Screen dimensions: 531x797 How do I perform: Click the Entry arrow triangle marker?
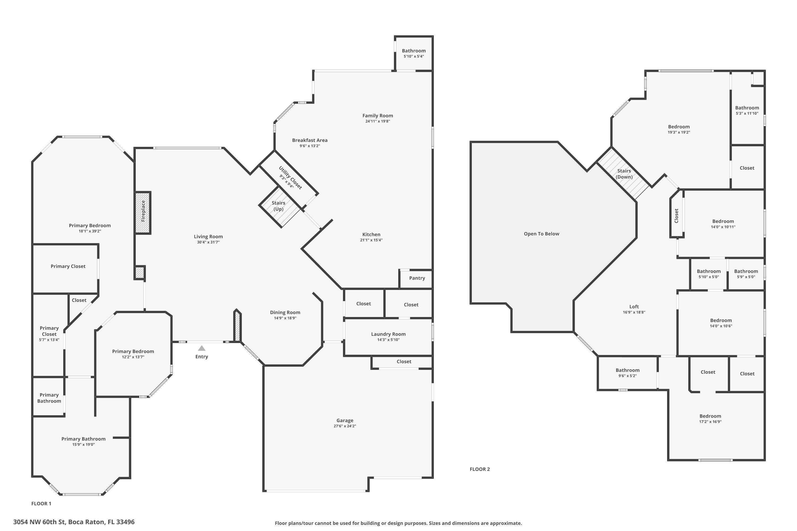click(x=202, y=348)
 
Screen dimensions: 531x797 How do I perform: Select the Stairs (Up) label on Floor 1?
click(x=278, y=206)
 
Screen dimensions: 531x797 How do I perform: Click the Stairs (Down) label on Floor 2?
click(x=624, y=174)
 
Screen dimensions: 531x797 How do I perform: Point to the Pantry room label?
click(x=417, y=278)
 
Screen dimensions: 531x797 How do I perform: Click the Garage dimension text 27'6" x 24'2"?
click(x=345, y=426)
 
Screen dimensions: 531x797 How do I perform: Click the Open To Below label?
click(x=541, y=234)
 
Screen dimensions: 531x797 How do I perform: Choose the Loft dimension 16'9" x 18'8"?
click(x=634, y=312)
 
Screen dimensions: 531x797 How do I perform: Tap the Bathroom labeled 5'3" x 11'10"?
click(x=747, y=110)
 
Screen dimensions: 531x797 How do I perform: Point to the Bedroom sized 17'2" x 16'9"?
click(x=710, y=419)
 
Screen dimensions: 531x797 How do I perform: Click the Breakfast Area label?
click(x=310, y=140)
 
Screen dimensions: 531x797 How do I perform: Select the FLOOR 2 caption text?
click(x=480, y=469)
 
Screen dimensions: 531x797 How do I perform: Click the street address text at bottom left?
click(x=74, y=522)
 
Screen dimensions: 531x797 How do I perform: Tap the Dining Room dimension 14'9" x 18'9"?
click(x=285, y=318)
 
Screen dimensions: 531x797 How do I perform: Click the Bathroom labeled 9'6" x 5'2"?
click(x=627, y=373)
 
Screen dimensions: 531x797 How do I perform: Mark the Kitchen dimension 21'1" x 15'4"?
click(x=371, y=240)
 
